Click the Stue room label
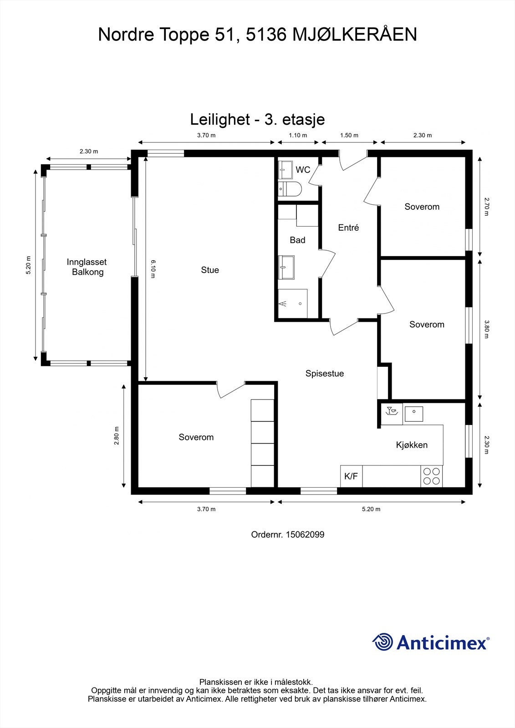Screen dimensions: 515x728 click(210, 270)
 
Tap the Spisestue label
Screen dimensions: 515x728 click(324, 374)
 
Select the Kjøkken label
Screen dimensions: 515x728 click(412, 445)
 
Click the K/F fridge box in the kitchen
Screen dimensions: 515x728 click(352, 476)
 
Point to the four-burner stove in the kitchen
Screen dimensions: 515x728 click(431, 476)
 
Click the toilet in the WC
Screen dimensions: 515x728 click(290, 189)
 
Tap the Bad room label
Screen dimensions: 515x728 click(297, 240)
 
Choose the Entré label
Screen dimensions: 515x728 click(348, 227)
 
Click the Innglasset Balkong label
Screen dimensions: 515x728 click(87, 267)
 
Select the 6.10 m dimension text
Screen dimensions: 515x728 click(153, 269)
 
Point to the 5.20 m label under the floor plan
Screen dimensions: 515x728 click(371, 509)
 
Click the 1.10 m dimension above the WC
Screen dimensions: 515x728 click(298, 135)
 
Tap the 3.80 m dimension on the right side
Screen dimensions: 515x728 click(486, 329)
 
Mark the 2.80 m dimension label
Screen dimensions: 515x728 click(117, 435)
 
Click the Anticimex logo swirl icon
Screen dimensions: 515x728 click(382, 641)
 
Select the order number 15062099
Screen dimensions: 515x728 click(305, 535)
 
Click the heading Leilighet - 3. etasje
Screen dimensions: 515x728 click(257, 120)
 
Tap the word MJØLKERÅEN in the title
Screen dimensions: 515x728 click(355, 34)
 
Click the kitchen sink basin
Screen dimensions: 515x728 click(414, 414)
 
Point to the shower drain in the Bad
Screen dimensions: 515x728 click(300, 303)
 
